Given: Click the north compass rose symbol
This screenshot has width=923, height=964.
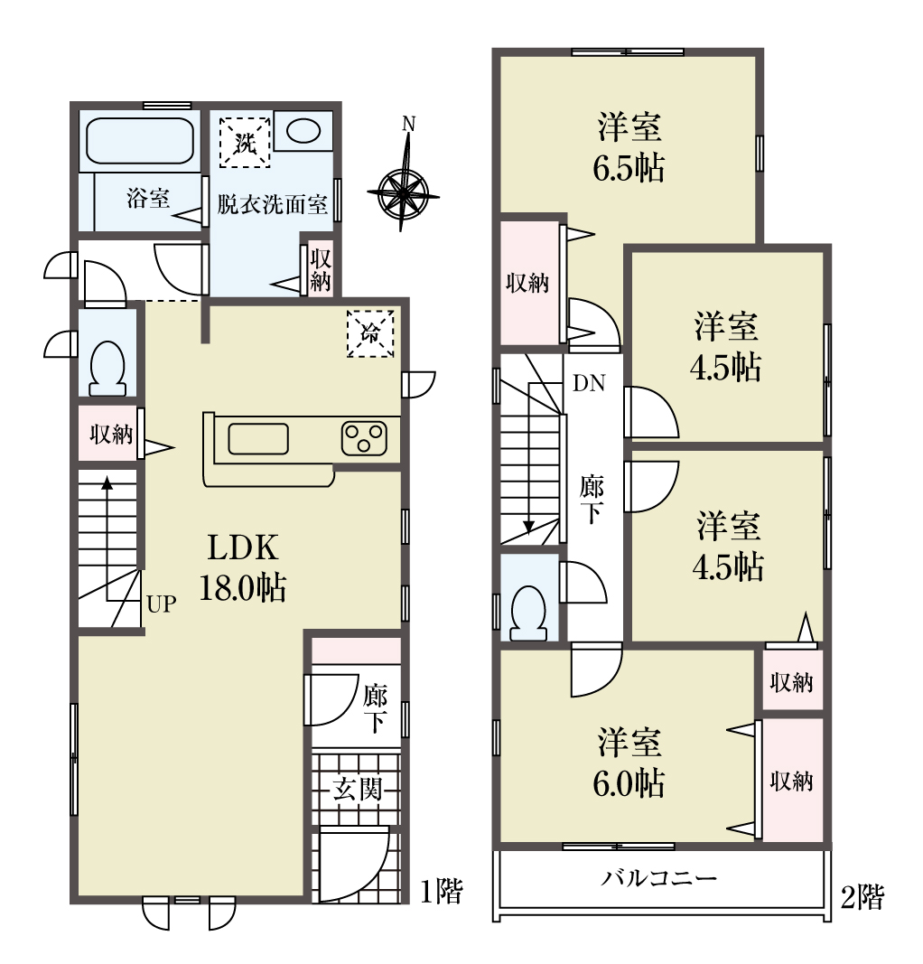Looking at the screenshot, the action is [x=403, y=193].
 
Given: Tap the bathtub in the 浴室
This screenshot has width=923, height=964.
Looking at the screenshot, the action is [x=140, y=141].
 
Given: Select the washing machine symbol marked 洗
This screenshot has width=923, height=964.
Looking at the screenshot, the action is [x=245, y=142].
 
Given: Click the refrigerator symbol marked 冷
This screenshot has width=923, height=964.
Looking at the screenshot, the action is [x=370, y=334].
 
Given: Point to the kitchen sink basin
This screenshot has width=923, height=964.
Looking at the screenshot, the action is [x=258, y=439].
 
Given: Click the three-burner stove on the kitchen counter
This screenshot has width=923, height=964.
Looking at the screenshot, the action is [x=364, y=438].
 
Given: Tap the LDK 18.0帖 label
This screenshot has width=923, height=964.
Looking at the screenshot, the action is [x=243, y=567].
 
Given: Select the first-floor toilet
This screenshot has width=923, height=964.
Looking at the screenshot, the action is [x=107, y=369].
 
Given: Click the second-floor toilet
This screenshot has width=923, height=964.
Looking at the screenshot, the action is [x=528, y=613].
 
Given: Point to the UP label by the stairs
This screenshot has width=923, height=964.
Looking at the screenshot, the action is [x=162, y=604].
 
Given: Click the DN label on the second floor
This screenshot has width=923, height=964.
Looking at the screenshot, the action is [x=589, y=383].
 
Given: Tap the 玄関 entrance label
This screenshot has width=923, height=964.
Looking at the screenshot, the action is [x=358, y=790].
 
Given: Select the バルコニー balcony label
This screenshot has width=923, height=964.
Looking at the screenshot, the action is [x=658, y=877].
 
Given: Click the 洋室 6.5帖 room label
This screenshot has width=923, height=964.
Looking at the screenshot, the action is [x=629, y=147].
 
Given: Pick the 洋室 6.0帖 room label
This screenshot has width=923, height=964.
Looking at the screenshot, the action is [x=629, y=762].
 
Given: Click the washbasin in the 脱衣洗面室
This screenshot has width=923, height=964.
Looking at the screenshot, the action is [x=303, y=130].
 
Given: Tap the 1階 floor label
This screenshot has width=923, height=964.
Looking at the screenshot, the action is [x=442, y=892].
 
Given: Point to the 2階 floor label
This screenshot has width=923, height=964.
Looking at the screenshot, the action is [x=862, y=898].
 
